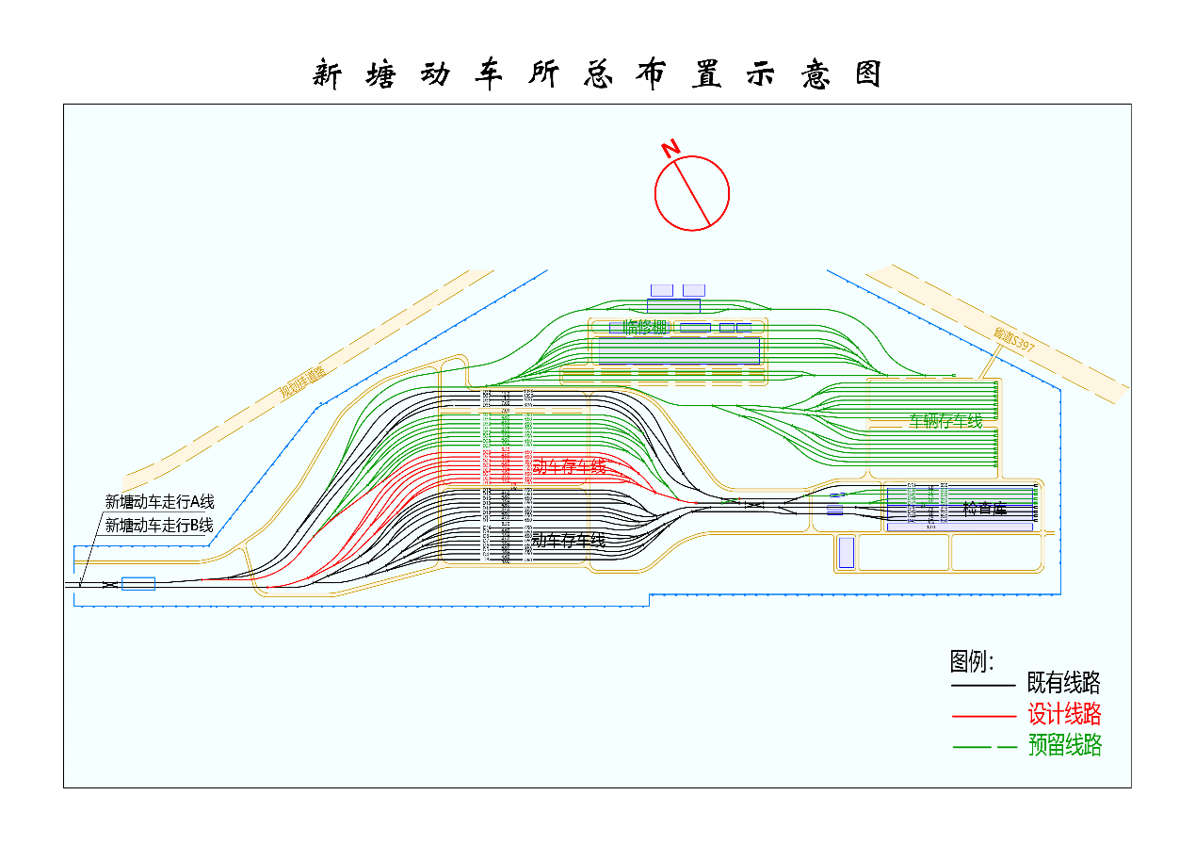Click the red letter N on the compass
(x=670, y=149)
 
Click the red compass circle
(x=692, y=193)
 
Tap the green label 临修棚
(x=645, y=327)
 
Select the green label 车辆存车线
(x=945, y=421)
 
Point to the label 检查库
(x=984, y=509)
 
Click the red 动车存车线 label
(x=569, y=466)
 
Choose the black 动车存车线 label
(x=569, y=540)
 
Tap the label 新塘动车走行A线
(x=159, y=502)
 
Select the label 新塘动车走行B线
(x=159, y=525)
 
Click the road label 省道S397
(x=1014, y=341)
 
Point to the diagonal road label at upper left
(x=302, y=384)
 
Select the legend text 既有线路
(x=1064, y=683)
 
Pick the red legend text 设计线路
(x=1064, y=714)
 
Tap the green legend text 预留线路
(x=1064, y=746)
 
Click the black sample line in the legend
(x=983, y=685)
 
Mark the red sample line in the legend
(x=983, y=716)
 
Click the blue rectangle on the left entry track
(x=138, y=584)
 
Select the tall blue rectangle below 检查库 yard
(x=846, y=552)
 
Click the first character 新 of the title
(x=327, y=74)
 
